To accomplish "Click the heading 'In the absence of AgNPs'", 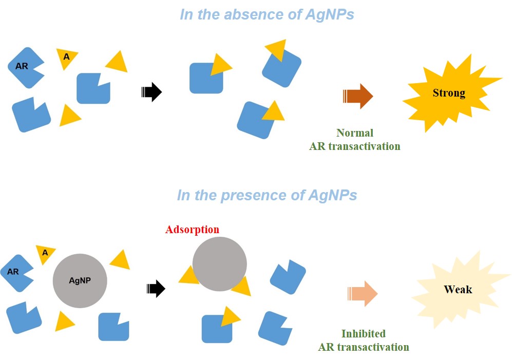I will [267, 14].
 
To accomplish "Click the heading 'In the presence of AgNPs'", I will [267, 195].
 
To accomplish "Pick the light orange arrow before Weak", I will [363, 294].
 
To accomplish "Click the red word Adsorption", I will [192, 230].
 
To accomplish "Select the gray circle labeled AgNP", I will [80, 281].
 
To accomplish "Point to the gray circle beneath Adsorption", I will [219, 264].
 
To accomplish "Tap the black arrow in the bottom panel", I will [156, 289].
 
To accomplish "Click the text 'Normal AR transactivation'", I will [354, 140].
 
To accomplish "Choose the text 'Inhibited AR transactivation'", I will [363, 340].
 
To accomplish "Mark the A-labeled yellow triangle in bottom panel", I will [46, 253].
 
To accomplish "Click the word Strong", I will [449, 93].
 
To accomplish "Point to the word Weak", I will [458, 290].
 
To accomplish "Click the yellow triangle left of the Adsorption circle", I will [188, 277].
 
